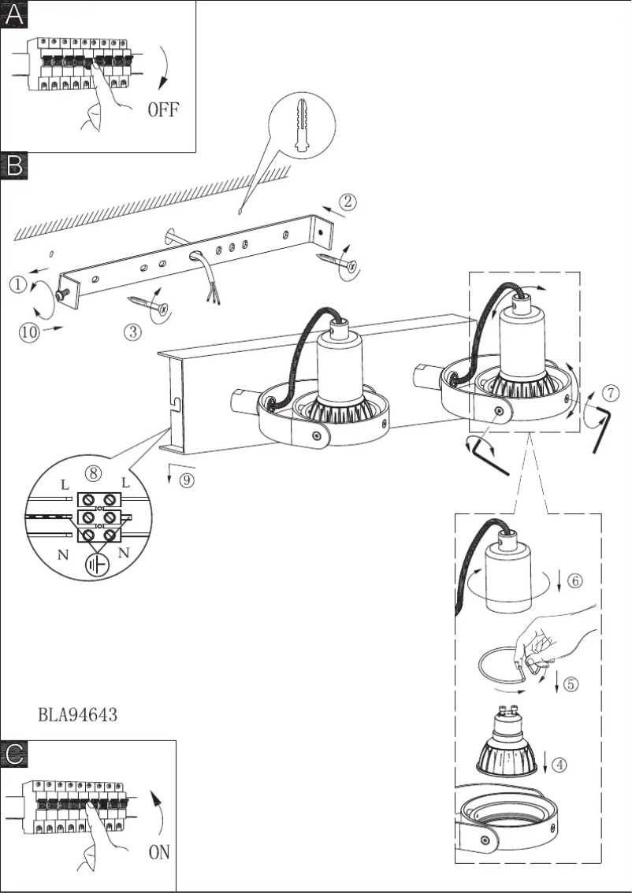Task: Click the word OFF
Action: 163,109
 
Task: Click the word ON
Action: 159,852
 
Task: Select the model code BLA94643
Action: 78,715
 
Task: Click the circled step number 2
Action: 349,202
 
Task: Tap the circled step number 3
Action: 134,332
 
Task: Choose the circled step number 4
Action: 558,763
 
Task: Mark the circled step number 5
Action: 571,684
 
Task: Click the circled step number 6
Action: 574,581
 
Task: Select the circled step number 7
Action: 610,392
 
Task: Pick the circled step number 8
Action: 94,472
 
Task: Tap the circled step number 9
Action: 186,480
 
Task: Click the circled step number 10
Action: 28,332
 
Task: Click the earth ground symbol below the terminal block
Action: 99,565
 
